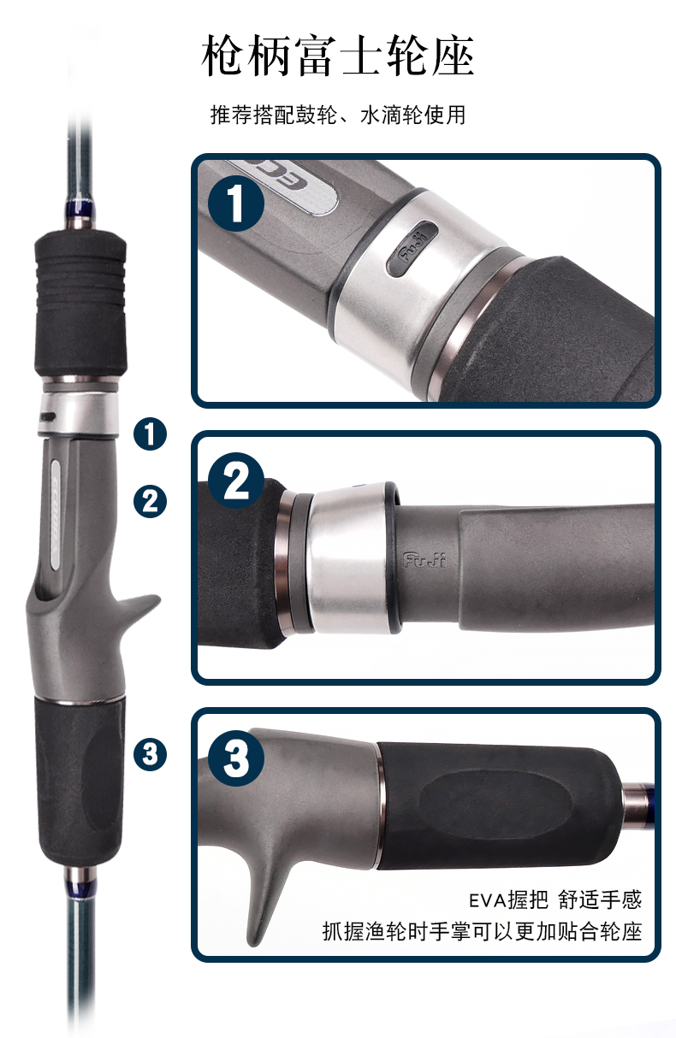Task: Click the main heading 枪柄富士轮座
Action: (337, 56)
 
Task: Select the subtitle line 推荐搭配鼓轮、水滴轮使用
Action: (337, 115)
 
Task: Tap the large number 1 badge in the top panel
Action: (236, 203)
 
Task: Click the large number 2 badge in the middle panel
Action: (236, 481)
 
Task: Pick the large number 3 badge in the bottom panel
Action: (236, 758)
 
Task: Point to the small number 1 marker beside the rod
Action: (151, 433)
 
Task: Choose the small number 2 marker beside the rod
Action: (151, 501)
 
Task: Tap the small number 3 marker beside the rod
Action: (151, 754)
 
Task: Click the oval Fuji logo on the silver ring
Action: (412, 249)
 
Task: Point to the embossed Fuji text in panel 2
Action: (424, 560)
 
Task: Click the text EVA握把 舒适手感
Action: (555, 899)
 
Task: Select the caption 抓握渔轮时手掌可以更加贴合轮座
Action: (483, 931)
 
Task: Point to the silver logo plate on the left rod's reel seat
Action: (56, 515)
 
